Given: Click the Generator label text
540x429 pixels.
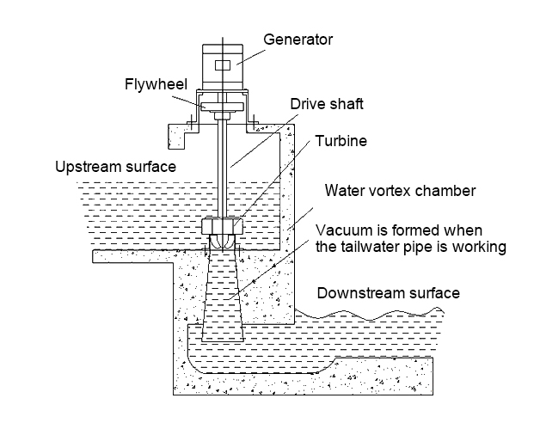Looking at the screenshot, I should coord(298,40).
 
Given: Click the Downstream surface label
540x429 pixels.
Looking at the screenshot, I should coord(388,293).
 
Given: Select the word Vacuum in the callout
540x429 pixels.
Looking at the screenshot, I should coord(343,230).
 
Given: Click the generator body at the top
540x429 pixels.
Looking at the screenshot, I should coord(223,64).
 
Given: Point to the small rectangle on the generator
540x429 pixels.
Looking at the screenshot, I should coord(223,66).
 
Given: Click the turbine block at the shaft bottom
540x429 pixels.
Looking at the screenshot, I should coord(222,227).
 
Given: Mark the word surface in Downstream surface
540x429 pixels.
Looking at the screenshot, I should coord(433,293).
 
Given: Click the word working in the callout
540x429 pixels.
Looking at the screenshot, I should coord(481,248).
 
